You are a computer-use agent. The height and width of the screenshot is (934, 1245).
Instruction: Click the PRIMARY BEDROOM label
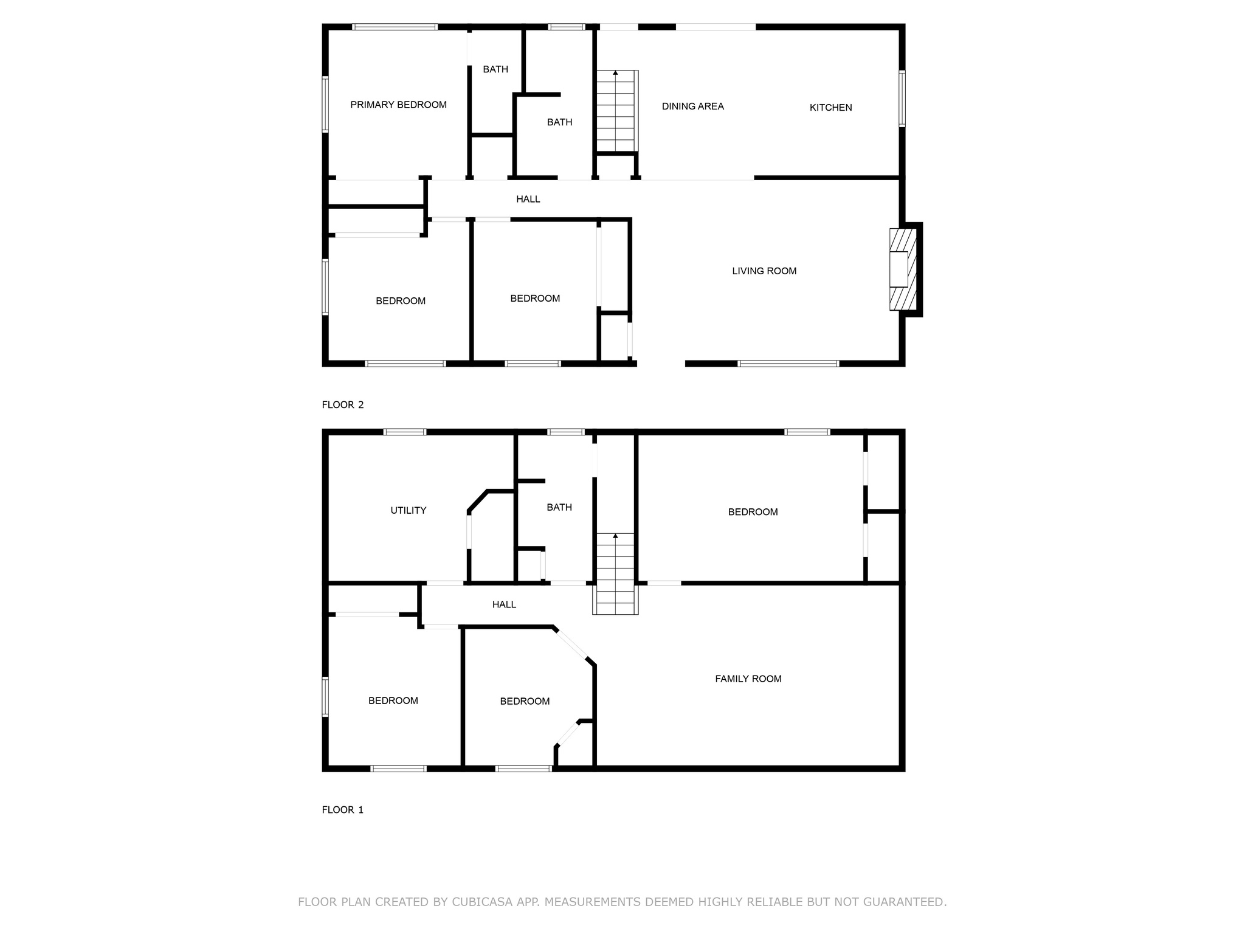[x=398, y=105]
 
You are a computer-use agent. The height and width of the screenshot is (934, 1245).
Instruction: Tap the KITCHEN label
[x=830, y=108]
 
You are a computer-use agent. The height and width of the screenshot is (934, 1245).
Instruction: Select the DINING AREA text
[x=692, y=106]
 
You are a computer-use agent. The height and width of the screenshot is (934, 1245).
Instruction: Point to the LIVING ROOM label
[x=764, y=271]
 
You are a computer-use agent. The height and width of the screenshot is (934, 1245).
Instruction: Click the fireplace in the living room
[x=902, y=269]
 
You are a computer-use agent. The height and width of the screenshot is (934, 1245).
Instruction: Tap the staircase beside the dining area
[x=616, y=111]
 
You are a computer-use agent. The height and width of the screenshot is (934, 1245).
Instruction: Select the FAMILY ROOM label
[x=748, y=679]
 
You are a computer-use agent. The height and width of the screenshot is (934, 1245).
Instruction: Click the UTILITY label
[x=408, y=511]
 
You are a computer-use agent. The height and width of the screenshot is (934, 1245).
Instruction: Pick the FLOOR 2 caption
[x=342, y=405]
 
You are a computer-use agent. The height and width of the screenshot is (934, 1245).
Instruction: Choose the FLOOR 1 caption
[x=342, y=810]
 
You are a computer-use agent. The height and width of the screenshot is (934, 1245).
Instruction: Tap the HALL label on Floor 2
[x=528, y=199]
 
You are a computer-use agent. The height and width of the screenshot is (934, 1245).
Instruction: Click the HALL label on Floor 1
[x=504, y=604]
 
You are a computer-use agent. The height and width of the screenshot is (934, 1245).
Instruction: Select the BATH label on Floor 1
[x=559, y=507]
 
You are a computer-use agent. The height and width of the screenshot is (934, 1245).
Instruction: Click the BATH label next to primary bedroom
[x=495, y=69]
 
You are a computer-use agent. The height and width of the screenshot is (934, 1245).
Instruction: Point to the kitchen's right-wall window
[x=902, y=99]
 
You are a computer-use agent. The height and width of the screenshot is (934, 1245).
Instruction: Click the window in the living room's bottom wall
[x=788, y=364]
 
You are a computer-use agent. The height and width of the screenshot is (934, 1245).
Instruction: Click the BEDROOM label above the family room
[x=753, y=512]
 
